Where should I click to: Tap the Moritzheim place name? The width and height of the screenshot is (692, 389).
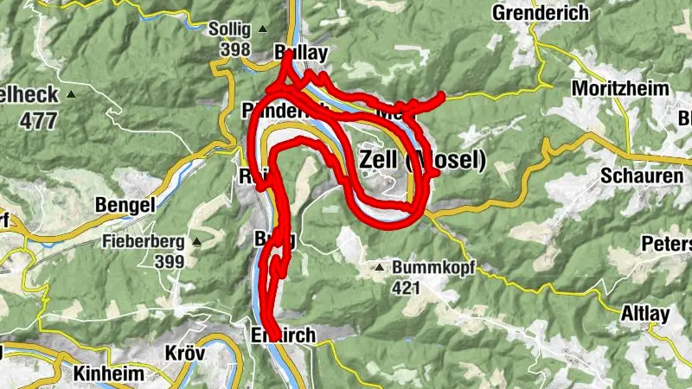pos(614,89)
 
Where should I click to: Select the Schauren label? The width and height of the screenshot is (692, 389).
pos(641,175)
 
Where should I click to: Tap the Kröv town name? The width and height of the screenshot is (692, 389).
pos(187,354)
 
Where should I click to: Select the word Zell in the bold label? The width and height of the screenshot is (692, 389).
pos(378,160)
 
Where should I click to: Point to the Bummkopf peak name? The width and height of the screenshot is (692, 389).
pos(421,268)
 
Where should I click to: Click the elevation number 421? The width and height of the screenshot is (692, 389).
pos(407,287)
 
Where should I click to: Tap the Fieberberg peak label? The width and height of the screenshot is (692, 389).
pos(144,241)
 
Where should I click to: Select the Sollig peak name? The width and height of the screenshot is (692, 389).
pos(228,29)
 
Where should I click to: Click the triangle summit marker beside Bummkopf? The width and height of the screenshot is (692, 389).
pos(379,268)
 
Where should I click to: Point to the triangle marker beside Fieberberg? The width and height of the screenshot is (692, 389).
pos(196,241)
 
